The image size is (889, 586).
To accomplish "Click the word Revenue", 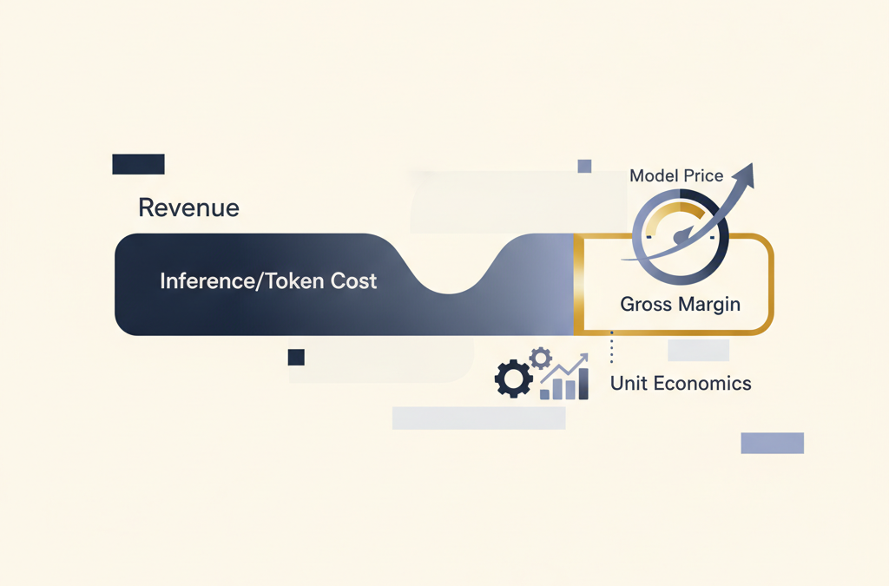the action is point(188,207).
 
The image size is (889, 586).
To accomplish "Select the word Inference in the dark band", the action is point(207,280).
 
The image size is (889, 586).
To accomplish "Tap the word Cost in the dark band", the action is point(354,280).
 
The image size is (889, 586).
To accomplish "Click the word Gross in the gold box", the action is point(646,304).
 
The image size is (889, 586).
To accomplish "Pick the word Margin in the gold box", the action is point(710,305).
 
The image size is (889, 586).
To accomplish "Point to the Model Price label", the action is point(676,175).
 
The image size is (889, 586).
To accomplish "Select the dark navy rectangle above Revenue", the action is point(138,164).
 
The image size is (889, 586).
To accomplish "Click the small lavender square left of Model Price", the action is point(584,166).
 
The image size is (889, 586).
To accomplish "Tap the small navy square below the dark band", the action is point(296,357).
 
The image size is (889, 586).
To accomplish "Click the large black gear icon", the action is point(514,379).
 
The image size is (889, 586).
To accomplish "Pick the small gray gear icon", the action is point(540,358).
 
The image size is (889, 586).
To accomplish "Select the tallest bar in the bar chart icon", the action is point(583,385).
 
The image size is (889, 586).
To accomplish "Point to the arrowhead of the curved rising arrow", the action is point(746,174).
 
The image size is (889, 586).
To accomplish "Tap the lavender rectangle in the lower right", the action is point(772,443).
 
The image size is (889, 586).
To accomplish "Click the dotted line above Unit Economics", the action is point(611,347).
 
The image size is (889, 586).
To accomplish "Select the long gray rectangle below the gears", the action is point(478,418).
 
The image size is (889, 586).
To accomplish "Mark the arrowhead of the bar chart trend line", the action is point(583,357).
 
